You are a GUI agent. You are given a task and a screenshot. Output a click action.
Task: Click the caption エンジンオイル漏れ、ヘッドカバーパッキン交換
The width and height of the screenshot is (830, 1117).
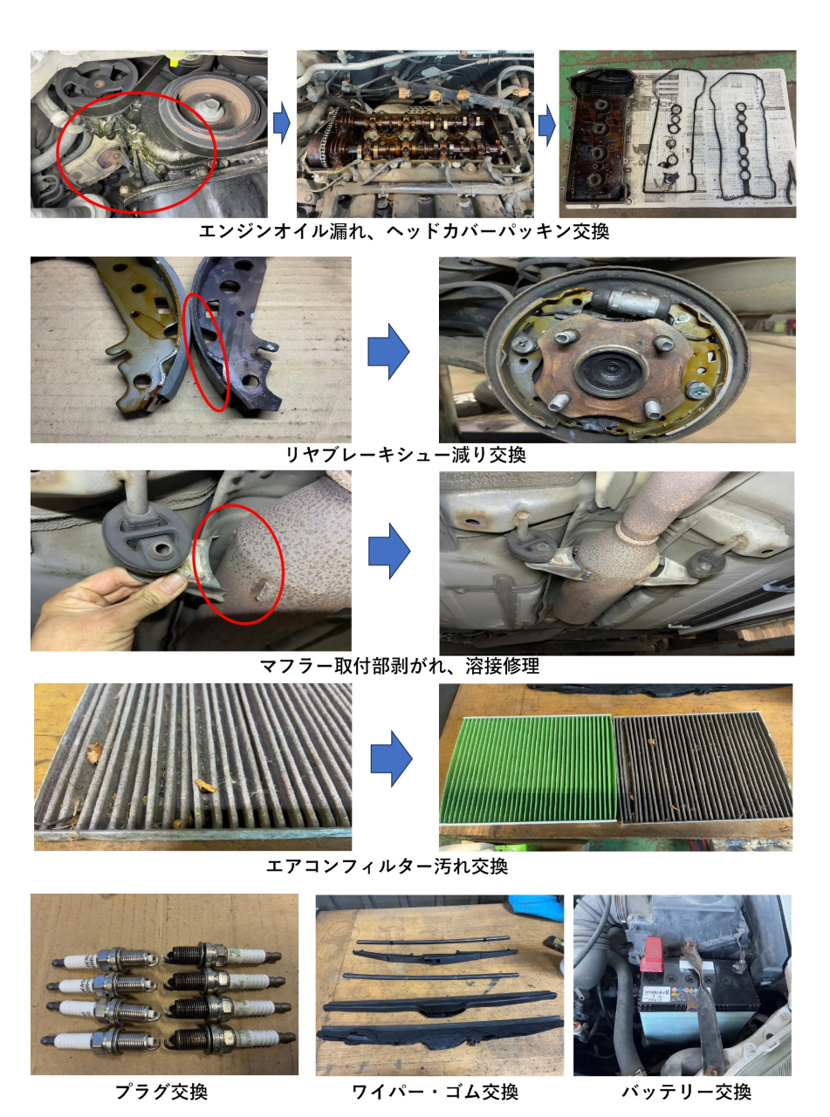[x=404, y=231]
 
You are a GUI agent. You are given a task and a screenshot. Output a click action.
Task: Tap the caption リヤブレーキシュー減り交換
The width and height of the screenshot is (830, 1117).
[x=406, y=455]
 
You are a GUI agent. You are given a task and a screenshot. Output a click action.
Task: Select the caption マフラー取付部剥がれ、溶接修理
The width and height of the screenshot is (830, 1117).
[x=400, y=666]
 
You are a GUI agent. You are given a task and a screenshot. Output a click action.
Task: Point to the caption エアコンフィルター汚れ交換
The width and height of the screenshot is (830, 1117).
[x=387, y=867]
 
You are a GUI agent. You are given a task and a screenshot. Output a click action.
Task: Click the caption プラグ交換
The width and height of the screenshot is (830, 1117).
[x=161, y=1092]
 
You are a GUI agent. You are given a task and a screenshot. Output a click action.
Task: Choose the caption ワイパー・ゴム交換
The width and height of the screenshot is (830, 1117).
[x=436, y=1092]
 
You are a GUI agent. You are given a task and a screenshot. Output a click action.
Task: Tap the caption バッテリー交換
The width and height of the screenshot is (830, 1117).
[x=687, y=1092]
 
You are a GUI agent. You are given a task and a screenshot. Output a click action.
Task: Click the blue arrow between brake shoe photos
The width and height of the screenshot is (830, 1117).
[x=388, y=351]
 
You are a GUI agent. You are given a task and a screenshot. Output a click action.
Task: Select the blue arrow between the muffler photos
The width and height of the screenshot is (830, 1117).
[x=389, y=551]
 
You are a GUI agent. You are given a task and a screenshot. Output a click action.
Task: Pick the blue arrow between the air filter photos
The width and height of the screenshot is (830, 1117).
[x=391, y=759]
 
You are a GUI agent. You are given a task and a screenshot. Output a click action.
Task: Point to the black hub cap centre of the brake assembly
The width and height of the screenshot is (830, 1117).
[x=610, y=371]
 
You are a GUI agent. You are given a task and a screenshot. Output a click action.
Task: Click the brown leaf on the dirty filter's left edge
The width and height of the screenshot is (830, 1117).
[x=93, y=753]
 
